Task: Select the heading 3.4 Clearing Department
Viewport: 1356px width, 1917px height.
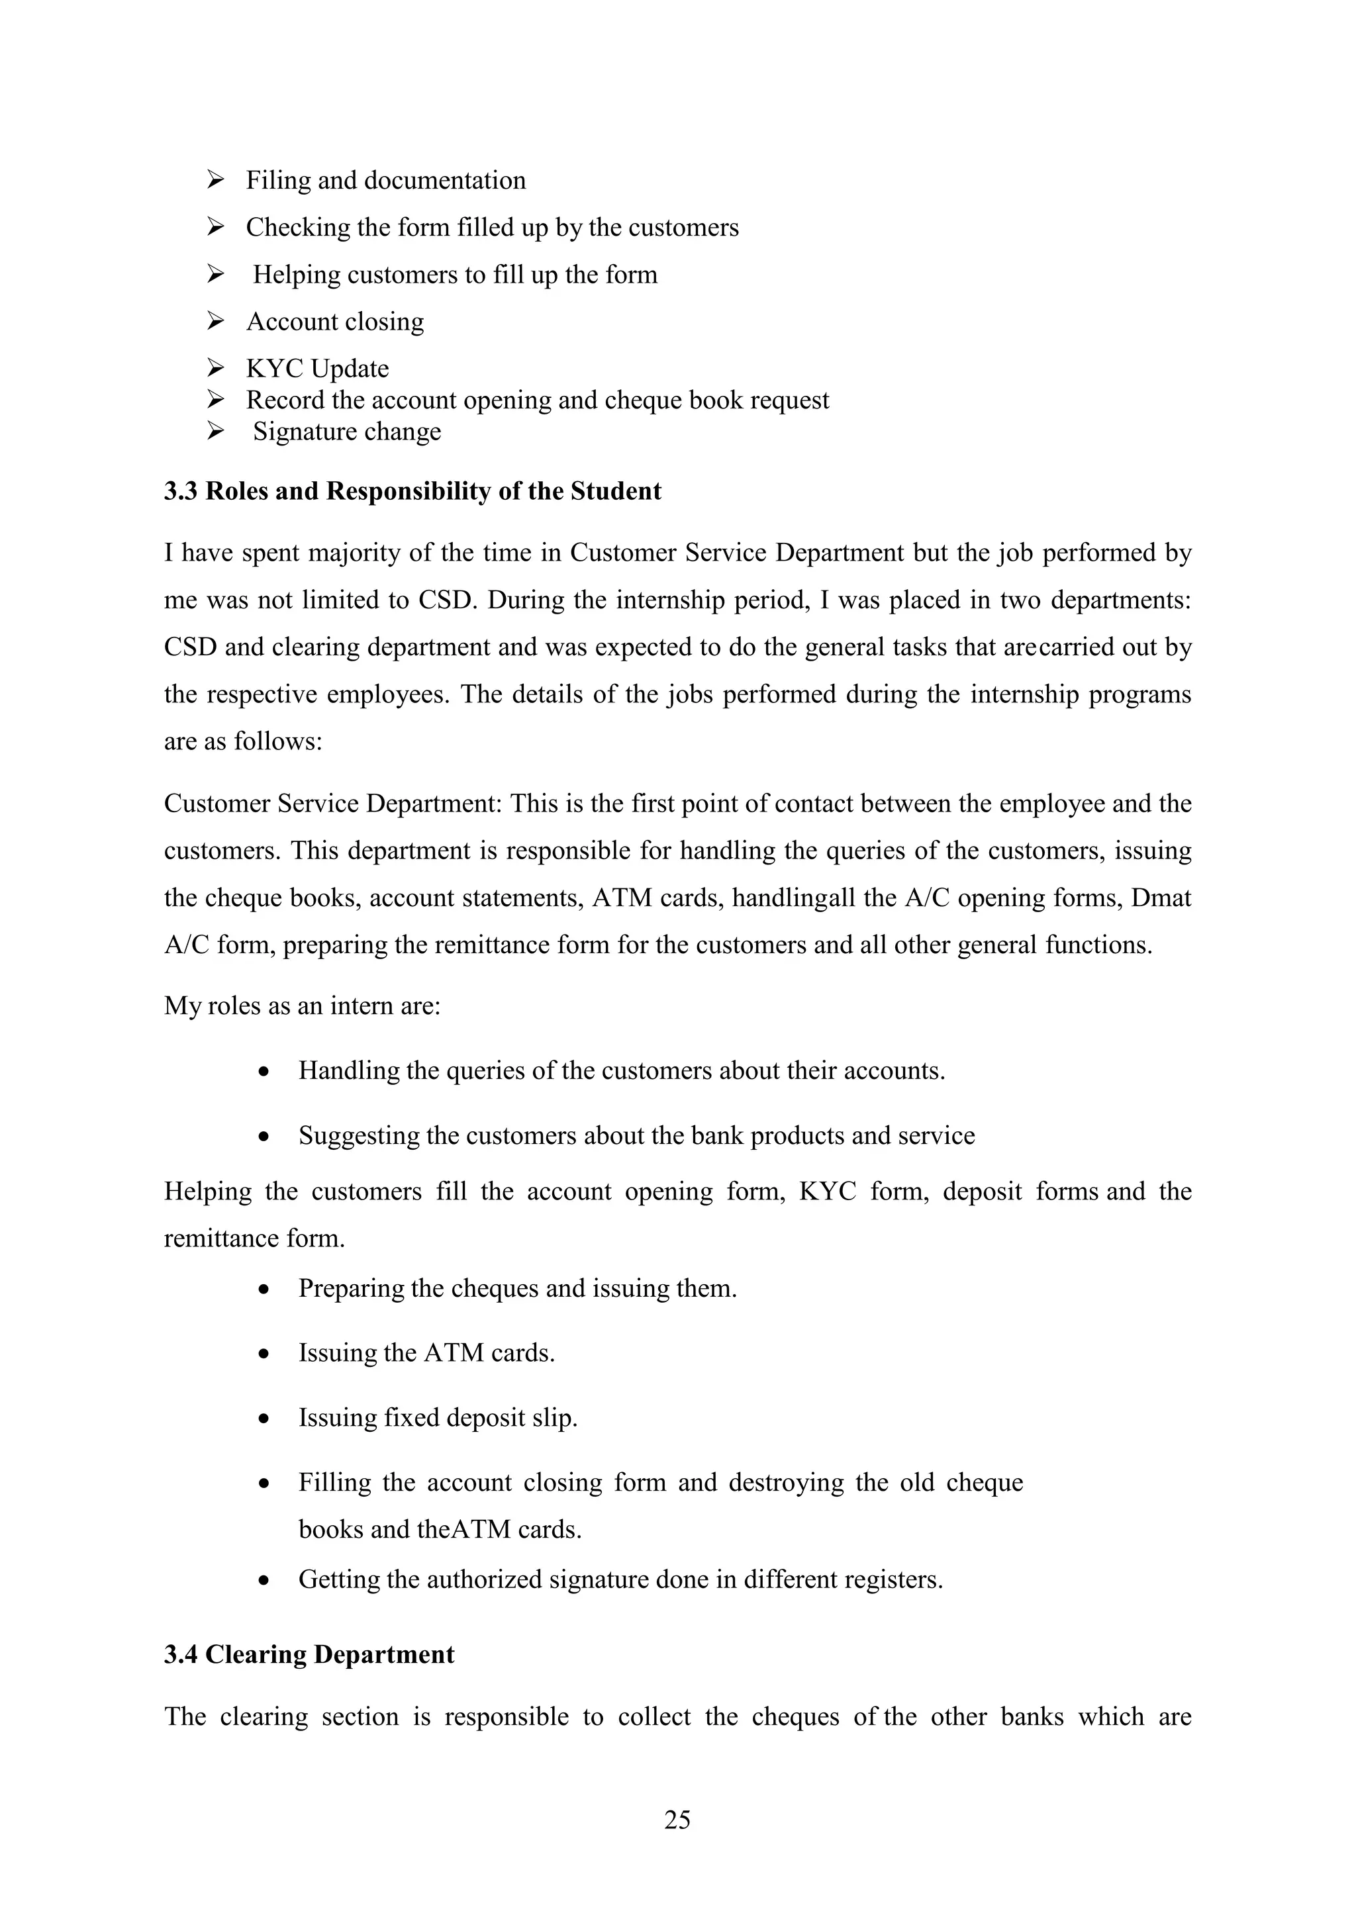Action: (309, 1655)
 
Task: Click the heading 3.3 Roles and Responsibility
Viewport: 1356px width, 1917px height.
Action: (412, 491)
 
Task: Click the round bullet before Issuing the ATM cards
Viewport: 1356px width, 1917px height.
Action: (264, 1354)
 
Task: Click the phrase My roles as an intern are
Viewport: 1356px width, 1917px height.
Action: (303, 1005)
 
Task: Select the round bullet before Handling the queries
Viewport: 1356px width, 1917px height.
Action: (264, 1071)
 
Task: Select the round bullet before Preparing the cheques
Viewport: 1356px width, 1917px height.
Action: (264, 1289)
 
